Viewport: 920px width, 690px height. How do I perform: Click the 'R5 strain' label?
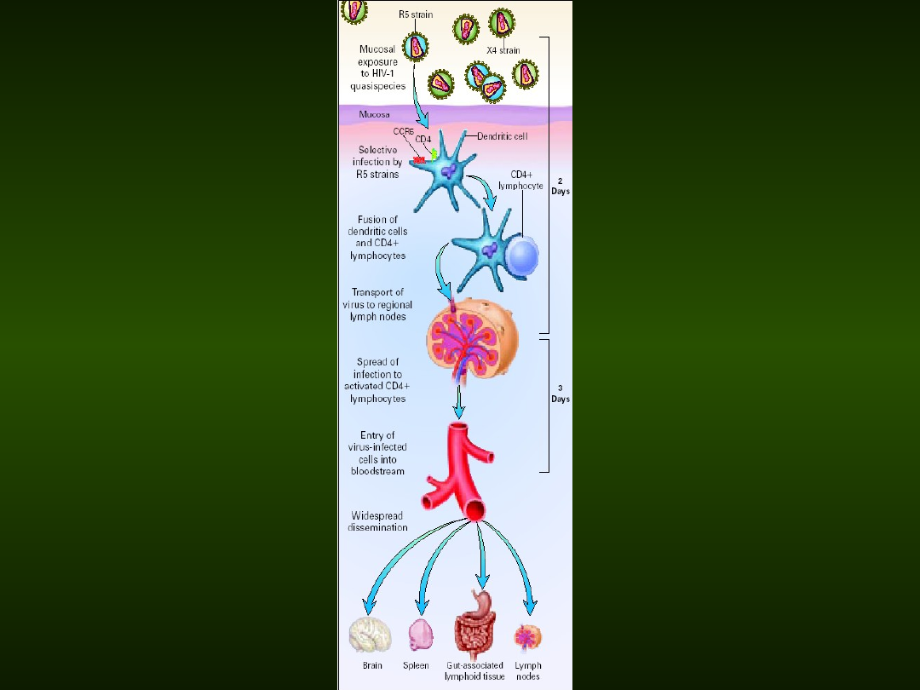click(x=416, y=14)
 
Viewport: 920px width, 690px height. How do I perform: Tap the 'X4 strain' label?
click(x=503, y=51)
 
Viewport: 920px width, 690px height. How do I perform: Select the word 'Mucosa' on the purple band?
click(x=374, y=114)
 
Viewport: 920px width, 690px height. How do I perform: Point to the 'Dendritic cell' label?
click(x=502, y=136)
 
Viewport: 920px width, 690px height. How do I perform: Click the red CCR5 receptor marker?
click(x=419, y=159)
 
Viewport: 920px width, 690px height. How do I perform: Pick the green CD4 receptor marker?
click(x=434, y=154)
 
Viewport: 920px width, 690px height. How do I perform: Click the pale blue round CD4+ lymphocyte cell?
click(x=522, y=256)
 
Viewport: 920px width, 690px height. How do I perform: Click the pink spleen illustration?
click(x=420, y=635)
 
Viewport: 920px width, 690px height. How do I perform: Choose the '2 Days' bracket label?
click(x=560, y=186)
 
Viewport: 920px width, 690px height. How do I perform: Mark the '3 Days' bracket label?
click(x=560, y=394)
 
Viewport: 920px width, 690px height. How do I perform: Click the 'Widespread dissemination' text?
click(x=377, y=521)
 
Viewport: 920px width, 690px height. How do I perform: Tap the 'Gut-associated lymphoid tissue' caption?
click(x=474, y=671)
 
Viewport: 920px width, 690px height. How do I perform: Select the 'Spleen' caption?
click(x=416, y=665)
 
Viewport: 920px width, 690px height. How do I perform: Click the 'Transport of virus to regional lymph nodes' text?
click(x=377, y=304)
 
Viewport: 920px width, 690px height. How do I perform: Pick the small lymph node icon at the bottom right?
click(x=527, y=637)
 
